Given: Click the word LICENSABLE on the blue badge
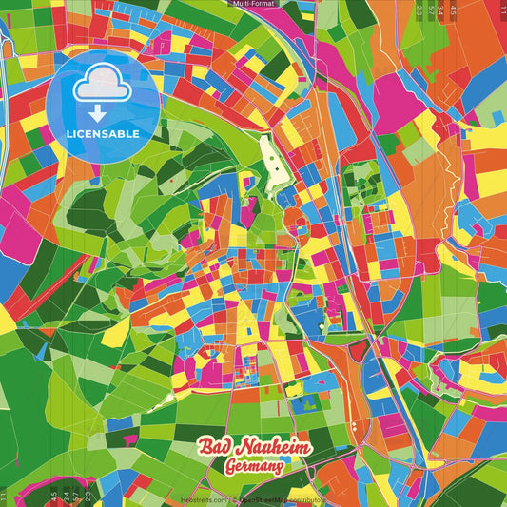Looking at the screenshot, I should [x=103, y=134].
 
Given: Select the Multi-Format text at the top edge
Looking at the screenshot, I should [x=253, y=4].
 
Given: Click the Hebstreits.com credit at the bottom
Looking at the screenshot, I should [x=204, y=500].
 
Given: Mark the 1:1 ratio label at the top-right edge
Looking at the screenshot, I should [x=502, y=10].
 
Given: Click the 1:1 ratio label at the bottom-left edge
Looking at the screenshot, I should [x=4, y=496].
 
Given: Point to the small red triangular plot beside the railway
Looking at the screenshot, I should [x=358, y=352].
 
